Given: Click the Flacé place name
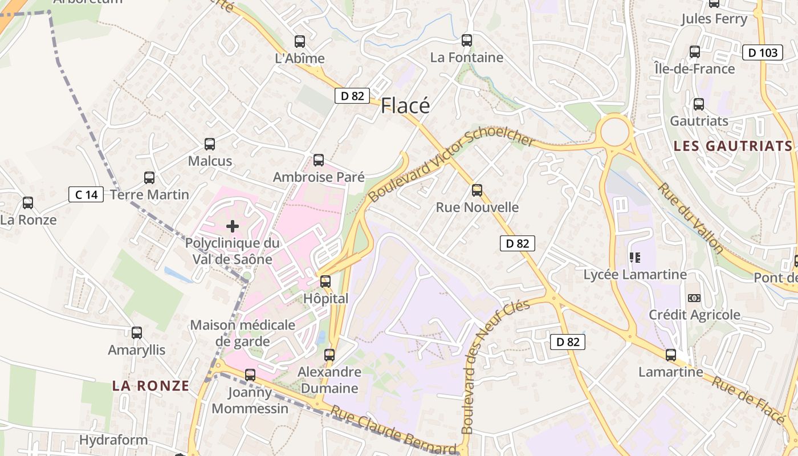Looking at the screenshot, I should click(405, 105).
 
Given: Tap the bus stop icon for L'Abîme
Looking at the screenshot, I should click(300, 42).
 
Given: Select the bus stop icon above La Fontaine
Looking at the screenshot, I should click(467, 40).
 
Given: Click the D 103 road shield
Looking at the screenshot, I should click(762, 53).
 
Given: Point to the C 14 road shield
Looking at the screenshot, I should click(86, 195).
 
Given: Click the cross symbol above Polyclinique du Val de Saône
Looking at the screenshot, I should click(233, 226).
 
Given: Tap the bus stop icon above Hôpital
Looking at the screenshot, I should click(325, 281).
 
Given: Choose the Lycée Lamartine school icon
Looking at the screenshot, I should click(635, 258).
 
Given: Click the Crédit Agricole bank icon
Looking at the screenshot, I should click(694, 298).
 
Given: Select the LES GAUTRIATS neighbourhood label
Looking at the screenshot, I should click(733, 146).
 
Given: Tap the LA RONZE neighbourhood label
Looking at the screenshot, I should click(150, 386).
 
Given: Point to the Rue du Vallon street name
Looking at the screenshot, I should click(690, 217).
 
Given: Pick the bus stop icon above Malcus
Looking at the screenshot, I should click(210, 144).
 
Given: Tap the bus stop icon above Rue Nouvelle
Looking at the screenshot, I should click(477, 190).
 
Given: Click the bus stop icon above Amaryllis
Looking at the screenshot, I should click(137, 333).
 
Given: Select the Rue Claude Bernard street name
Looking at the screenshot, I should click(393, 430).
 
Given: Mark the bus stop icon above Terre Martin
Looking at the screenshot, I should click(149, 178).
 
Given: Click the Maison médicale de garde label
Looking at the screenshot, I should click(243, 333).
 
